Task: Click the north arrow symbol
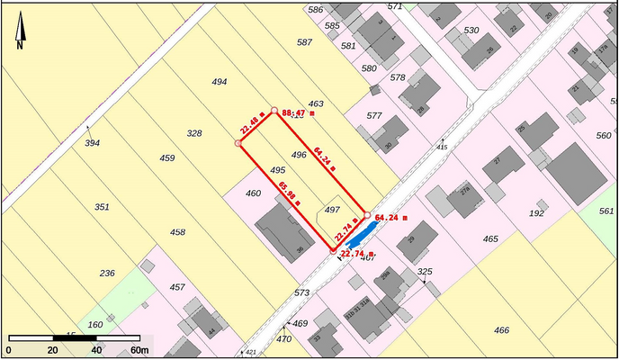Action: [19, 35]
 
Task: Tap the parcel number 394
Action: [92, 143]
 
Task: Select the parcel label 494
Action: [219, 82]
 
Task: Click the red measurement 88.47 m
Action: [300, 114]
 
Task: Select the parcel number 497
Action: [332, 209]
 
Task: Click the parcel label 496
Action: [300, 155]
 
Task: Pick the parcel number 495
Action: [277, 170]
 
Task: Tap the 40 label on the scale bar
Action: [95, 350]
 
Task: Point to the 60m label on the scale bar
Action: [139, 350]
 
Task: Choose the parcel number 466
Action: [501, 330]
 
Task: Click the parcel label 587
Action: [304, 42]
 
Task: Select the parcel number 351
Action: [102, 207]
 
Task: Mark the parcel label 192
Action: [536, 213]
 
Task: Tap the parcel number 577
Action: [374, 116]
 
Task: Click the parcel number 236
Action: [106, 274]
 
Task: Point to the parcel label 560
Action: [604, 136]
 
